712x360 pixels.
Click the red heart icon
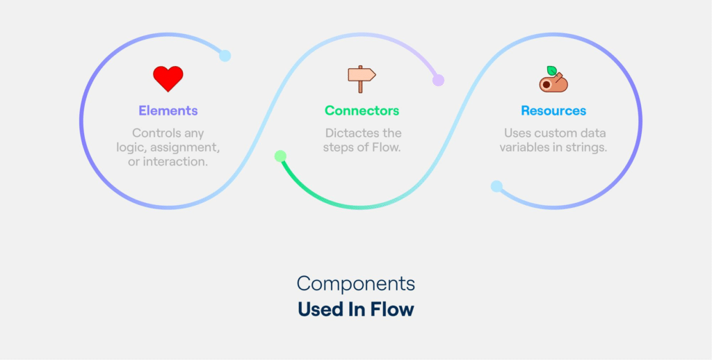click(x=168, y=79)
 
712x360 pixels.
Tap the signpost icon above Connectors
click(x=361, y=79)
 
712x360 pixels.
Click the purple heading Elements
click(x=168, y=111)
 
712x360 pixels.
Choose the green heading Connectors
click(x=362, y=111)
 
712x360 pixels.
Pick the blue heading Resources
click(x=553, y=111)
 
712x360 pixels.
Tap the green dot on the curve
click(x=280, y=156)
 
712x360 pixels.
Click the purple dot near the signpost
click(x=438, y=80)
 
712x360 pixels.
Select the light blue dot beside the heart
click(x=225, y=56)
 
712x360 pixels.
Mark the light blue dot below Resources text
click(x=496, y=186)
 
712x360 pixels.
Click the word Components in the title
click(x=355, y=284)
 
